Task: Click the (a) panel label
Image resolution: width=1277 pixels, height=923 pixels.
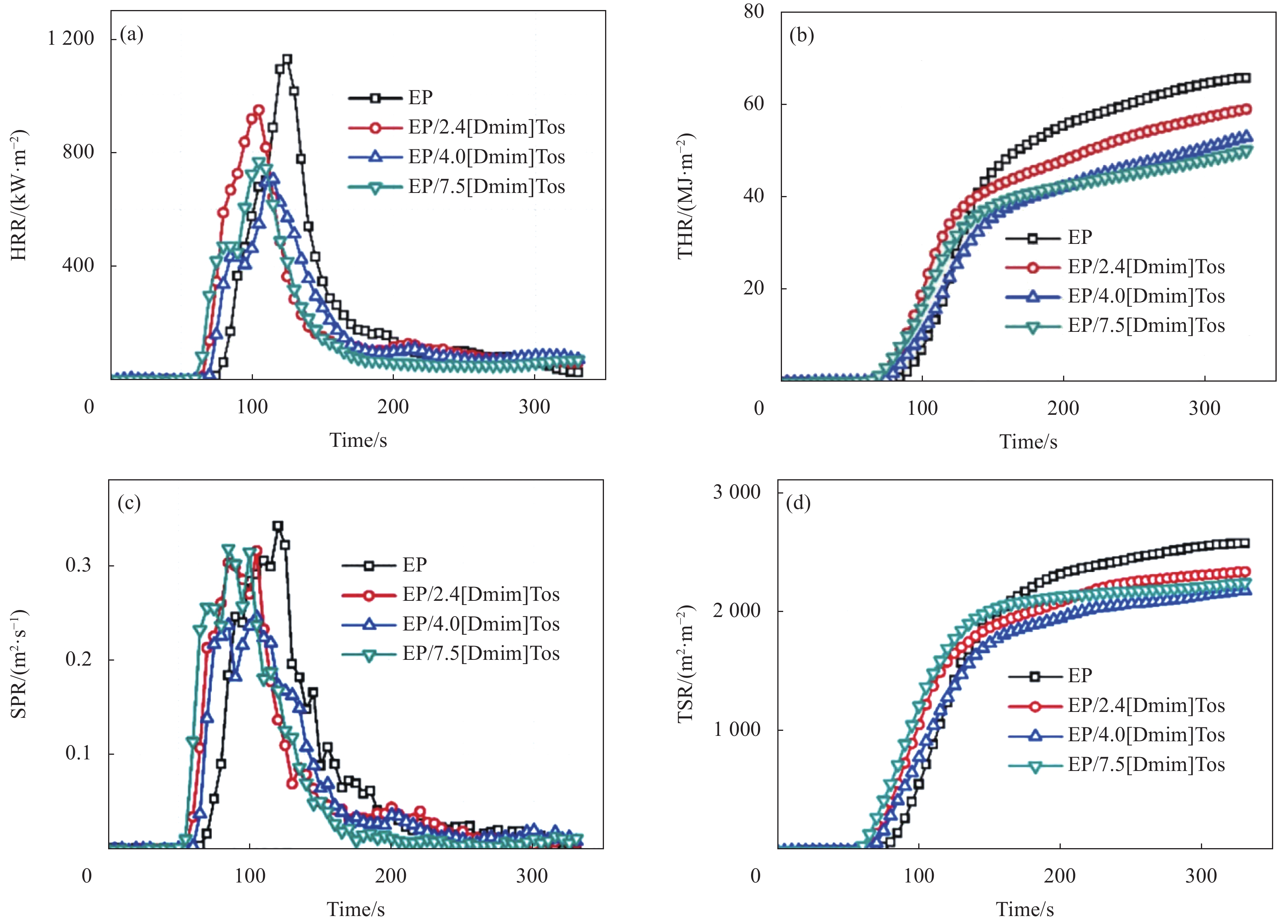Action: tap(131, 35)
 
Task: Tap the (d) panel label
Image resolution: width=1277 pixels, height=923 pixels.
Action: tap(798, 502)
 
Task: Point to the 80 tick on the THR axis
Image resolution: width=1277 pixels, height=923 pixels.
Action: tap(753, 11)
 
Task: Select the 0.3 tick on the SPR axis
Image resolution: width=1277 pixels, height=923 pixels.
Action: tap(78, 565)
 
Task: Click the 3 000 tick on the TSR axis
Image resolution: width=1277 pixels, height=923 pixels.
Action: tap(736, 492)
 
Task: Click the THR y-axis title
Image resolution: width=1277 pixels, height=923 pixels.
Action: tap(686, 196)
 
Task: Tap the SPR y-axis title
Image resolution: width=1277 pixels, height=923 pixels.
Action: tap(19, 664)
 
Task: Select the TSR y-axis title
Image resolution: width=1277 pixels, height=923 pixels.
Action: tap(686, 664)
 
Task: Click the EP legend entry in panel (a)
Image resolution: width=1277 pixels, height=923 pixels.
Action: tap(420, 97)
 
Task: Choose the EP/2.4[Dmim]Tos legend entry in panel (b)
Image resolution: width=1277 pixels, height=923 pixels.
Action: tap(1146, 267)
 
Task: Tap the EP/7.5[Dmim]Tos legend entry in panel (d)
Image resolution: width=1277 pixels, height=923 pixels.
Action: tap(1146, 765)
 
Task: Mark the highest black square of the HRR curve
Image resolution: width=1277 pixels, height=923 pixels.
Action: tap(287, 59)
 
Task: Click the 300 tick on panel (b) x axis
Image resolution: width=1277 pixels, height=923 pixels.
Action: tap(1204, 408)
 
